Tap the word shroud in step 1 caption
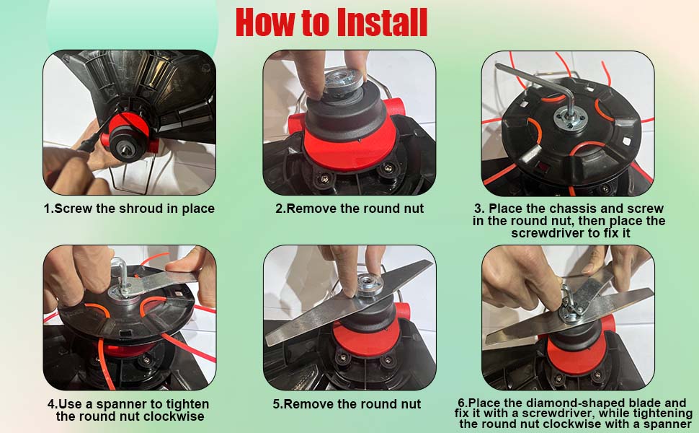[137, 209]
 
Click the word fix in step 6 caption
[465, 413]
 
